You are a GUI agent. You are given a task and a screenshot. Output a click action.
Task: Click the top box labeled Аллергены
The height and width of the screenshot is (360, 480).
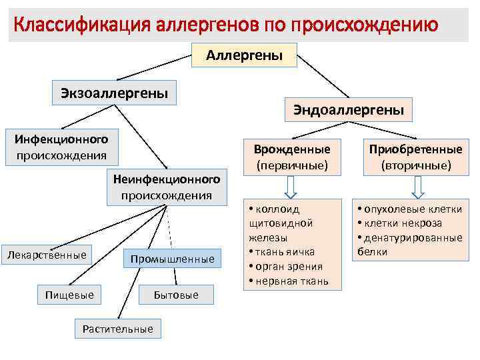pyautogui.click(x=243, y=55)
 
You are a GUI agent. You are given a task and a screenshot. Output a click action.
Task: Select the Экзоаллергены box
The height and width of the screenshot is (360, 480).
pyautogui.click(x=114, y=92)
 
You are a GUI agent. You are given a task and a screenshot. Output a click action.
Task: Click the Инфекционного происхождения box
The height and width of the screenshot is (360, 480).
pyautogui.click(x=62, y=147)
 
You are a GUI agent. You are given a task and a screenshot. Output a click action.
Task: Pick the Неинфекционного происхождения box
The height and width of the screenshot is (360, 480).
pyautogui.click(x=167, y=187)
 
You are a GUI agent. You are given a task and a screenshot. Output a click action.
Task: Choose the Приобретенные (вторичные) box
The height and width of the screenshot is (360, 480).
pyautogui.click(x=417, y=156)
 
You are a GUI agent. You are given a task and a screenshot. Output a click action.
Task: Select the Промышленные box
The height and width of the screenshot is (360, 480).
pyautogui.click(x=172, y=259)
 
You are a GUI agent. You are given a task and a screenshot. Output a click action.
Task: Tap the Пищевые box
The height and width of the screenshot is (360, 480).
pyautogui.click(x=69, y=294)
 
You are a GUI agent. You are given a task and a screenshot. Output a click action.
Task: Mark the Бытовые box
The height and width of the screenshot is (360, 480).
pyautogui.click(x=176, y=294)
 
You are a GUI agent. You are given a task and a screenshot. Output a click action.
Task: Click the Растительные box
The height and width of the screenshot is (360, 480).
pyautogui.click(x=117, y=328)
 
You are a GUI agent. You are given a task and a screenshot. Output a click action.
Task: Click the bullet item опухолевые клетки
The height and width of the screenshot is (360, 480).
pyautogui.click(x=413, y=209)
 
